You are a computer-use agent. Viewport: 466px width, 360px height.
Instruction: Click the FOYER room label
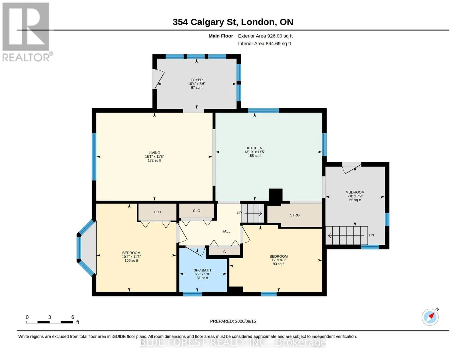(197, 80)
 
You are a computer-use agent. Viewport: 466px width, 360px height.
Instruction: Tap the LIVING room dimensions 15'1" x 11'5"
(154, 157)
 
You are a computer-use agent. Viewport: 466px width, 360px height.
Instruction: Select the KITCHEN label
(254, 148)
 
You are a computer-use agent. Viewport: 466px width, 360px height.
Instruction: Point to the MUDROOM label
(355, 192)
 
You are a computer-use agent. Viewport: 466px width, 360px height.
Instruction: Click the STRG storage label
(294, 215)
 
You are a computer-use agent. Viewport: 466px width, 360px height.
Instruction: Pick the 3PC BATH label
(202, 270)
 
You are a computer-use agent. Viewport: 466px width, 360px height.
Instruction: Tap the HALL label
(226, 231)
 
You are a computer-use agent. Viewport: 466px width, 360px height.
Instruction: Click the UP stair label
(239, 213)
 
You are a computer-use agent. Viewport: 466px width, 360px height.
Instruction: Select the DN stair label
(371, 235)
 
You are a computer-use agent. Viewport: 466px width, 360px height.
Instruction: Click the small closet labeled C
(224, 252)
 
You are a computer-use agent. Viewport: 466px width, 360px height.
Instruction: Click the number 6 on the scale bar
(73, 317)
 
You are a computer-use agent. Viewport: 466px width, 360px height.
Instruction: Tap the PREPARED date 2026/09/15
(245, 321)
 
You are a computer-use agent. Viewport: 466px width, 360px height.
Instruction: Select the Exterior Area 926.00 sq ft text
(265, 36)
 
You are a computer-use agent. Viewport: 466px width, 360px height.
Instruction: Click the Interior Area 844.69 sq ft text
(264, 43)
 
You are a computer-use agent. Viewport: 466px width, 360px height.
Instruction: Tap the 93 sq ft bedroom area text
(278, 264)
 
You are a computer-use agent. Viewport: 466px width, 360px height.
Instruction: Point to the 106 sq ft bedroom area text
(131, 260)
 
